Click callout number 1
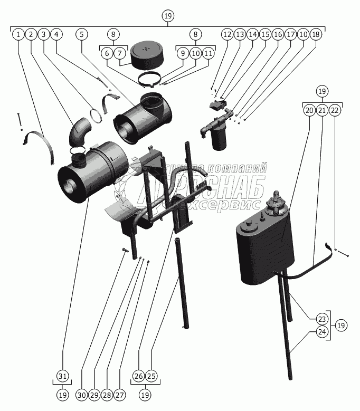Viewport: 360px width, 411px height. click(18, 34)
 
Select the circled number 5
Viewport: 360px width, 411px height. click(82, 34)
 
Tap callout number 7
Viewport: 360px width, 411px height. click(120, 53)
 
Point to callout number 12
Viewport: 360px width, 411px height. click(227, 34)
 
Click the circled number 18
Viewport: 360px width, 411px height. click(316, 34)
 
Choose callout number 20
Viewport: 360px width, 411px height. click(309, 110)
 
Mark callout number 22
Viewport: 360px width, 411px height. click(335, 110)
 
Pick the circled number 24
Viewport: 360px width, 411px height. click(322, 332)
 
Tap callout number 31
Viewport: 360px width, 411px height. click(63, 376)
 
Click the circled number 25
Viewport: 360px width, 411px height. click(151, 376)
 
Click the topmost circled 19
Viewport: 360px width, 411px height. click(168, 16)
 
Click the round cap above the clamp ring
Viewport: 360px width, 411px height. click(145, 55)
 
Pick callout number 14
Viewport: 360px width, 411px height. click(252, 34)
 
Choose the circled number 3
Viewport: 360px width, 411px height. click(44, 34)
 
